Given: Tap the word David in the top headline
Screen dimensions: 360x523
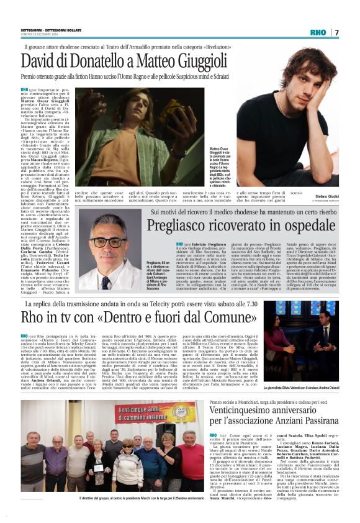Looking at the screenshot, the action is coord(41,61).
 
